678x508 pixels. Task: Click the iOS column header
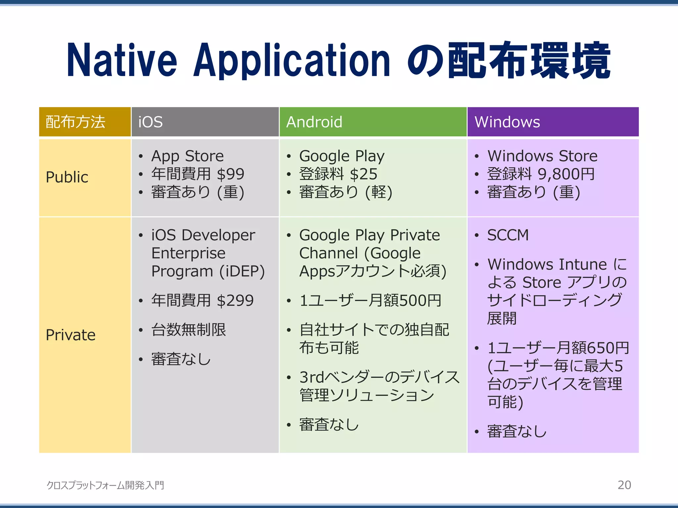151,122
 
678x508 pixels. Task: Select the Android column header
314,122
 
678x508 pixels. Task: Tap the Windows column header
507,122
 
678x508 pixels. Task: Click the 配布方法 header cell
75,122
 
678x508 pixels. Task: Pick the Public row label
67,177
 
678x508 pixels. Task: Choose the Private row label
71,335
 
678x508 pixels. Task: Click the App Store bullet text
187,156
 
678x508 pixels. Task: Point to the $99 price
231,174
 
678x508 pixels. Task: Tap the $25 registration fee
363,174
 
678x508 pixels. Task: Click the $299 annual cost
235,301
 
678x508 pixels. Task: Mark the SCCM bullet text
508,235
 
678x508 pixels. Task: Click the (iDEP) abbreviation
242,272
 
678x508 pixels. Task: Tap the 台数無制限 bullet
188,330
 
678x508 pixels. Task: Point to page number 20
624,485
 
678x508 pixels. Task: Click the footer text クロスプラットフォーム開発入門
105,485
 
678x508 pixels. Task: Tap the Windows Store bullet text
542,156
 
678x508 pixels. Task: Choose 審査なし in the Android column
329,425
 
